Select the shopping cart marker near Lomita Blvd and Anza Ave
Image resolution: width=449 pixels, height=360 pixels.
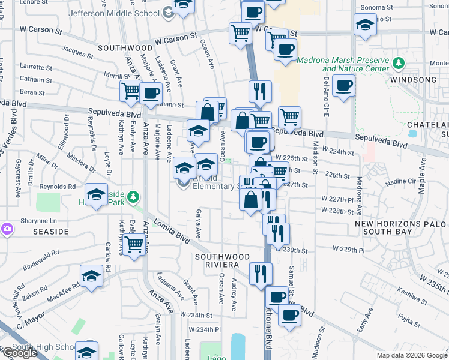click(x=136, y=244)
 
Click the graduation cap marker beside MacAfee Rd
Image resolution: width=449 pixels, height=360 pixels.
click(x=91, y=275)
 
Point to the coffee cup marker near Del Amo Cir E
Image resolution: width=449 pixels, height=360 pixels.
click(x=344, y=86)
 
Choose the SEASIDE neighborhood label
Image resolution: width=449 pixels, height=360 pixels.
click(x=26, y=231)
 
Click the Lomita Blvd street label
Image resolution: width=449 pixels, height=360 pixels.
click(x=172, y=231)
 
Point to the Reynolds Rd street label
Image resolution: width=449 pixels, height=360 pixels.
click(x=58, y=187)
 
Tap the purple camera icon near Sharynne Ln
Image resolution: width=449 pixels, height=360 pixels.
click(x=7, y=229)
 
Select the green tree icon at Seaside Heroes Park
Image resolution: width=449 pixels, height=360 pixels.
click(x=136, y=196)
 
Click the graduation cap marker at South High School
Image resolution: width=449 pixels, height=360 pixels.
click(x=86, y=350)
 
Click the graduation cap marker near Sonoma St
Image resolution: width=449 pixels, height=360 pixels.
click(x=364, y=26)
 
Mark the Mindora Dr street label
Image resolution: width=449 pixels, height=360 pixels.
click(x=80, y=163)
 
